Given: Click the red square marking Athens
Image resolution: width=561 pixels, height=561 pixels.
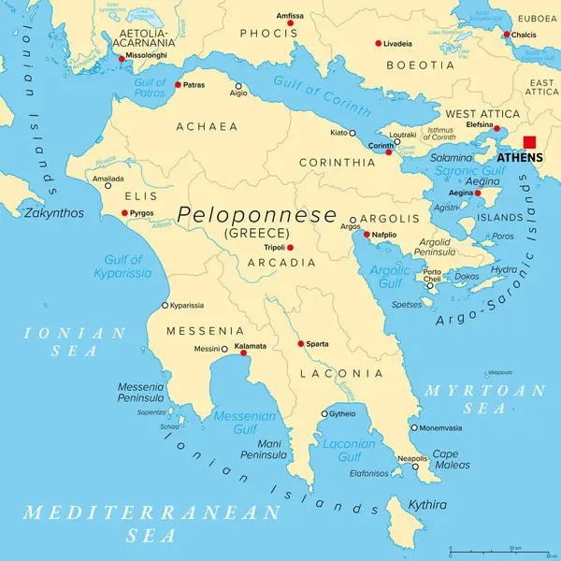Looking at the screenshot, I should point(530,143).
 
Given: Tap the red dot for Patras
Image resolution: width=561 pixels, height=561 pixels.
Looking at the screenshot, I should point(178,85).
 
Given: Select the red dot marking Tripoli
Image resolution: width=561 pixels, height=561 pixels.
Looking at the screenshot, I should point(290,248).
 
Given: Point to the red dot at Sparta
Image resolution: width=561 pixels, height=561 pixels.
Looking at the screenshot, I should point(300,344).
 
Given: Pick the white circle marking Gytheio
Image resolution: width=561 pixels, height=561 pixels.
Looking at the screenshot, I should point(324,413).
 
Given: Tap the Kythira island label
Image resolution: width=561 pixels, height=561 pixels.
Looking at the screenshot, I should point(427,504).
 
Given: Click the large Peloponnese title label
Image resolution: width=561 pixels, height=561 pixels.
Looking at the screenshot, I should point(257,215).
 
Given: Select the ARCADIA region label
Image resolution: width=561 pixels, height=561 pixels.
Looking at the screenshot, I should point(280,263).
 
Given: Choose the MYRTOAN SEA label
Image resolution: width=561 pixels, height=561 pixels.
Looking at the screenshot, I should point(484,399).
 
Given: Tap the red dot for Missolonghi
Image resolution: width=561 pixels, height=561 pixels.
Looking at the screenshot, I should point(121,58).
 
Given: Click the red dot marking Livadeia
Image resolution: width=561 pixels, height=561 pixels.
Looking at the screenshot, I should point(379,43).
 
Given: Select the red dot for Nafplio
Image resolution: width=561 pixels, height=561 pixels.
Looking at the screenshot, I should point(367,234).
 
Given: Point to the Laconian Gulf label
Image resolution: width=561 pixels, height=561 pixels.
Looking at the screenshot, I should point(349,451).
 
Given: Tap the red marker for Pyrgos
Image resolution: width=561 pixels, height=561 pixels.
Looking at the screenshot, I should point(124,213).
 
